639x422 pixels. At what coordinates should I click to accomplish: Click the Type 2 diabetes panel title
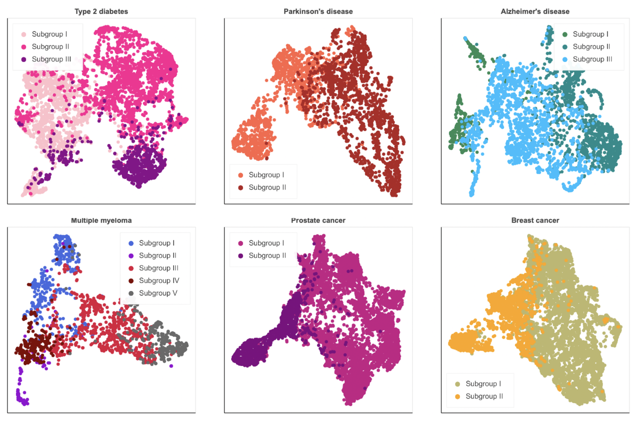(101, 11)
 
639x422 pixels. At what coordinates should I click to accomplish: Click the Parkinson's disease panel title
(319, 11)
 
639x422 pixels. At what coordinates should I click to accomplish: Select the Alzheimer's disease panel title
(535, 11)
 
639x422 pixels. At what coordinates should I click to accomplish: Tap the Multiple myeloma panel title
(101, 220)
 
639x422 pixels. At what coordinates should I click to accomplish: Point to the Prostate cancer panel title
(319, 220)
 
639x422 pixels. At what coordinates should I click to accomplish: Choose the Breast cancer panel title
(535, 220)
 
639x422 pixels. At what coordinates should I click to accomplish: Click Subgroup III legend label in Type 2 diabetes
(51, 59)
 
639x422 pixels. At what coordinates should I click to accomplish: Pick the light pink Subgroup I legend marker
(23, 34)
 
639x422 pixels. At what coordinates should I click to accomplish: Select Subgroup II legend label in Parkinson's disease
(267, 187)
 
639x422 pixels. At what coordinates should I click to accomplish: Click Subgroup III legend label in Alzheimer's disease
(592, 59)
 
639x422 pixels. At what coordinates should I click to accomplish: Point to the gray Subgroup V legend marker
(131, 293)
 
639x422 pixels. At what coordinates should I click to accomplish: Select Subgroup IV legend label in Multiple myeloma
(159, 280)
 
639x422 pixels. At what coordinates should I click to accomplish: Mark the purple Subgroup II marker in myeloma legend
(131, 255)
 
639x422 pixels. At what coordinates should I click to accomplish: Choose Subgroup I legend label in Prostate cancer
(266, 243)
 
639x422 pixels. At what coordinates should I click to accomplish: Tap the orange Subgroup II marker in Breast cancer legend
(457, 396)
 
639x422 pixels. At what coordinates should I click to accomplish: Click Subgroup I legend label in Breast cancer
(483, 384)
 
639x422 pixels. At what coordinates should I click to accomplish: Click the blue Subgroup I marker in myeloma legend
(131, 243)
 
